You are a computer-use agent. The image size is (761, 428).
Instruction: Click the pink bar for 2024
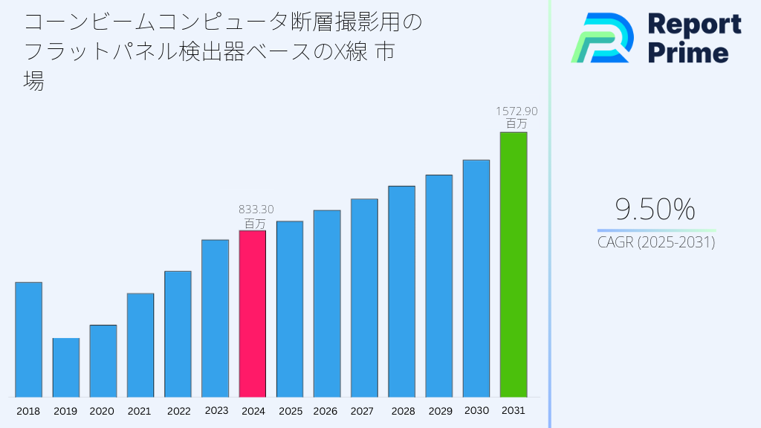(252, 314)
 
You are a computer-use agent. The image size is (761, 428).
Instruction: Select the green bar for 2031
(514, 265)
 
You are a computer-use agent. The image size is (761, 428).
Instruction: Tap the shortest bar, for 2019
(66, 367)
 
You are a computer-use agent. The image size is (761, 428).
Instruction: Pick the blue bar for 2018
(28, 340)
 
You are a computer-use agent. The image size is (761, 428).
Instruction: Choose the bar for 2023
(215, 318)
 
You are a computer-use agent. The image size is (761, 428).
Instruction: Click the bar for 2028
(401, 291)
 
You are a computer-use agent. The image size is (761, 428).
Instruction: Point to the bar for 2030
(476, 278)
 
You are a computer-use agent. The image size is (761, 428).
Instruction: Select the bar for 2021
(140, 345)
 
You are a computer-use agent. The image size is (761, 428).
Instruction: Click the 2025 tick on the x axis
(290, 411)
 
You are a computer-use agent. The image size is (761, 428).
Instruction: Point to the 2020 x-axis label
(102, 411)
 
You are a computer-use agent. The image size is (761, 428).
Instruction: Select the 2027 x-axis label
(362, 411)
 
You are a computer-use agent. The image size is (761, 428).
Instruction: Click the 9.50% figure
(655, 210)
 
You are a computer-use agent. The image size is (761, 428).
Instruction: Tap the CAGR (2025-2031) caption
(656, 242)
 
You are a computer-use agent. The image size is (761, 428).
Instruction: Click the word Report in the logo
(694, 25)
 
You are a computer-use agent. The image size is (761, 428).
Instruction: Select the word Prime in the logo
(687, 53)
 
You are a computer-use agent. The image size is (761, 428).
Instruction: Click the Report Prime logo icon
(602, 38)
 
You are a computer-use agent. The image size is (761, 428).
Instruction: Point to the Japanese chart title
(223, 51)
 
